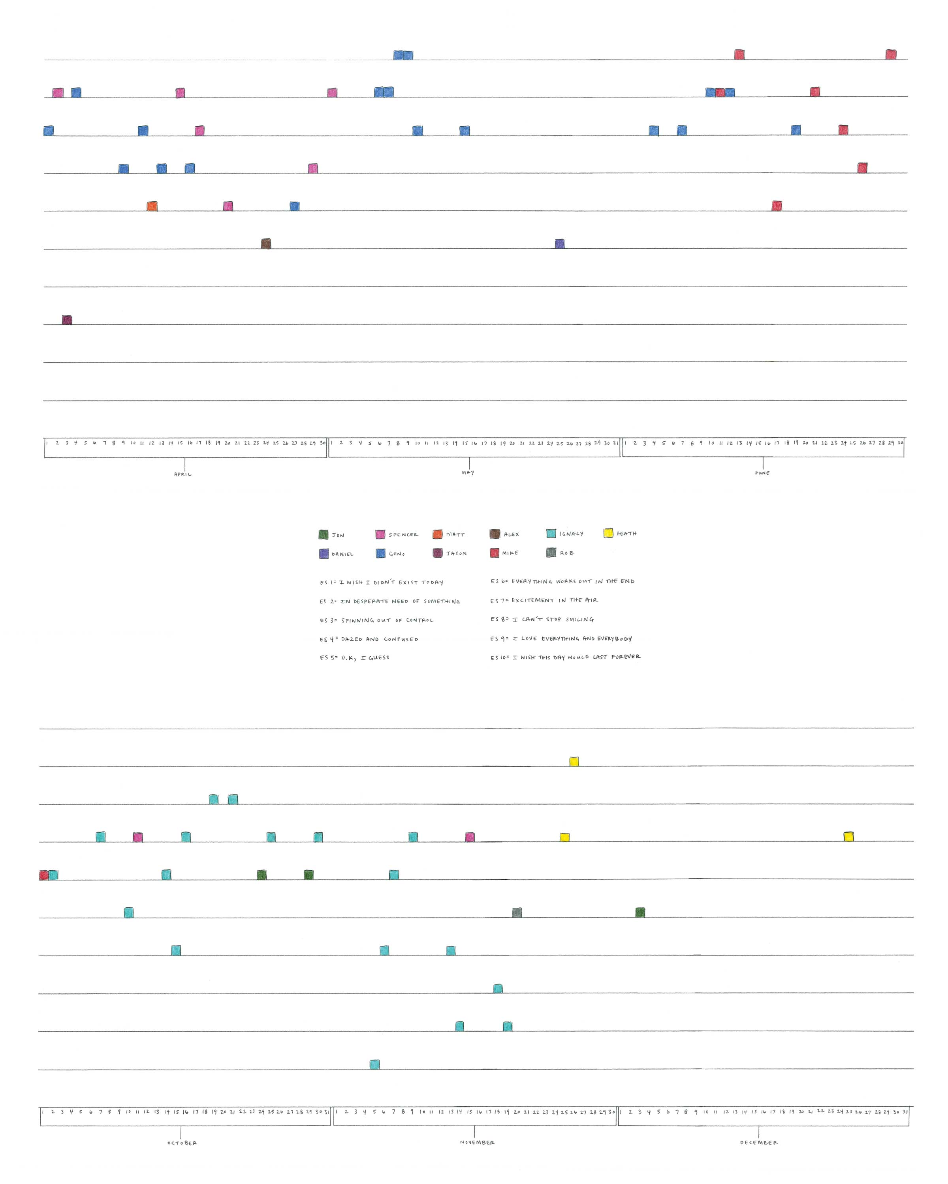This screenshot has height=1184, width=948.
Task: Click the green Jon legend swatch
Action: click(323, 534)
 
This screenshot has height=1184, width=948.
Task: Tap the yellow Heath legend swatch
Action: click(608, 533)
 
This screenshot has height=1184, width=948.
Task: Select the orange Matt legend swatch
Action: click(437, 534)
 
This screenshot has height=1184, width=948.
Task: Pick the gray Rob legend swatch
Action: click(551, 553)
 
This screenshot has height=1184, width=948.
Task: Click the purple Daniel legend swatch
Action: click(324, 554)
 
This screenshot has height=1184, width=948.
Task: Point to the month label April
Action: click(183, 474)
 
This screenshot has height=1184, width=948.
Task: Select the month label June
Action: click(762, 473)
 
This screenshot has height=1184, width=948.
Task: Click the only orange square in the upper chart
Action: click(152, 206)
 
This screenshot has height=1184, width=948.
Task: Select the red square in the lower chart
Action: click(43, 875)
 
